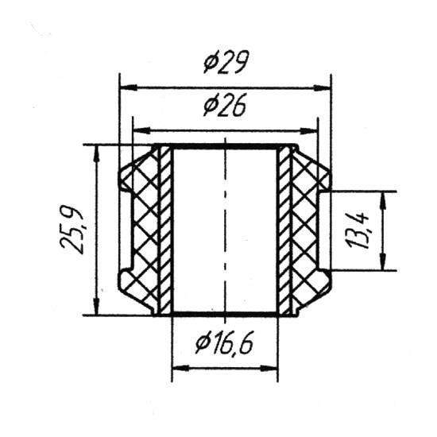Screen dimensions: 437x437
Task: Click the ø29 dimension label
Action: pyautogui.click(x=226, y=62)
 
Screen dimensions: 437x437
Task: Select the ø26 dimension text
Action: pyautogui.click(x=225, y=105)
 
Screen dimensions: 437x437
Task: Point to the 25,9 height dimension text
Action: pyautogui.click(x=72, y=230)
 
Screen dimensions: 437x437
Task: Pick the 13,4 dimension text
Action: pyautogui.click(x=358, y=230)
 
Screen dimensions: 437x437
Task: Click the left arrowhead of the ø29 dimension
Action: pyautogui.click(x=128, y=87)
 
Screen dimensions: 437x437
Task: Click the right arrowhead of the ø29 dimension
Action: pyautogui.click(x=322, y=88)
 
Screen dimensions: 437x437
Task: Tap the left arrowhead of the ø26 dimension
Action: pyautogui.click(x=142, y=130)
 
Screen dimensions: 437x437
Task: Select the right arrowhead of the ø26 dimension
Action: pyautogui.click(x=309, y=130)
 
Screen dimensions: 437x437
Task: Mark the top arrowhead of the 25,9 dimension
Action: pyautogui.click(x=96, y=153)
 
